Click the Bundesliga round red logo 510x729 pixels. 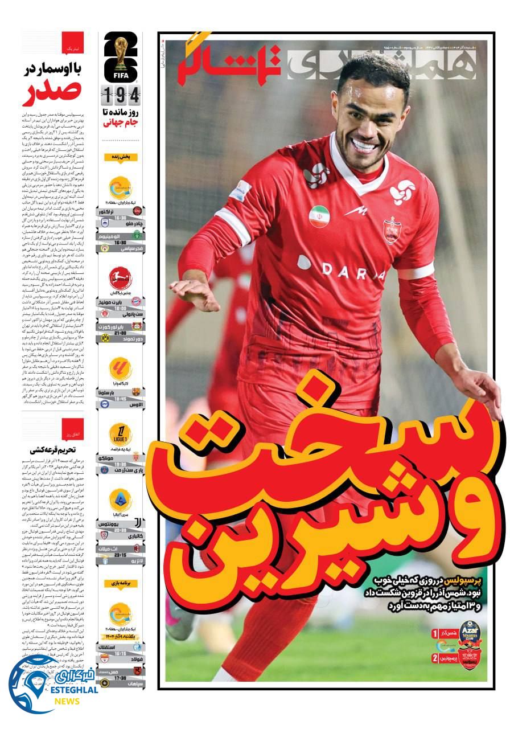click(x=121, y=279)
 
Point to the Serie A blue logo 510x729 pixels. click(x=121, y=499)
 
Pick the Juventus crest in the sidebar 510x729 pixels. click(x=136, y=522)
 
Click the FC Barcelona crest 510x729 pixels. click(x=136, y=392)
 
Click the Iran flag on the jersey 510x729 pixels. click(x=319, y=216)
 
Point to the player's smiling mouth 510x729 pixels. click(x=365, y=146)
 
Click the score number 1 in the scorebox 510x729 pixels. click(x=435, y=633)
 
